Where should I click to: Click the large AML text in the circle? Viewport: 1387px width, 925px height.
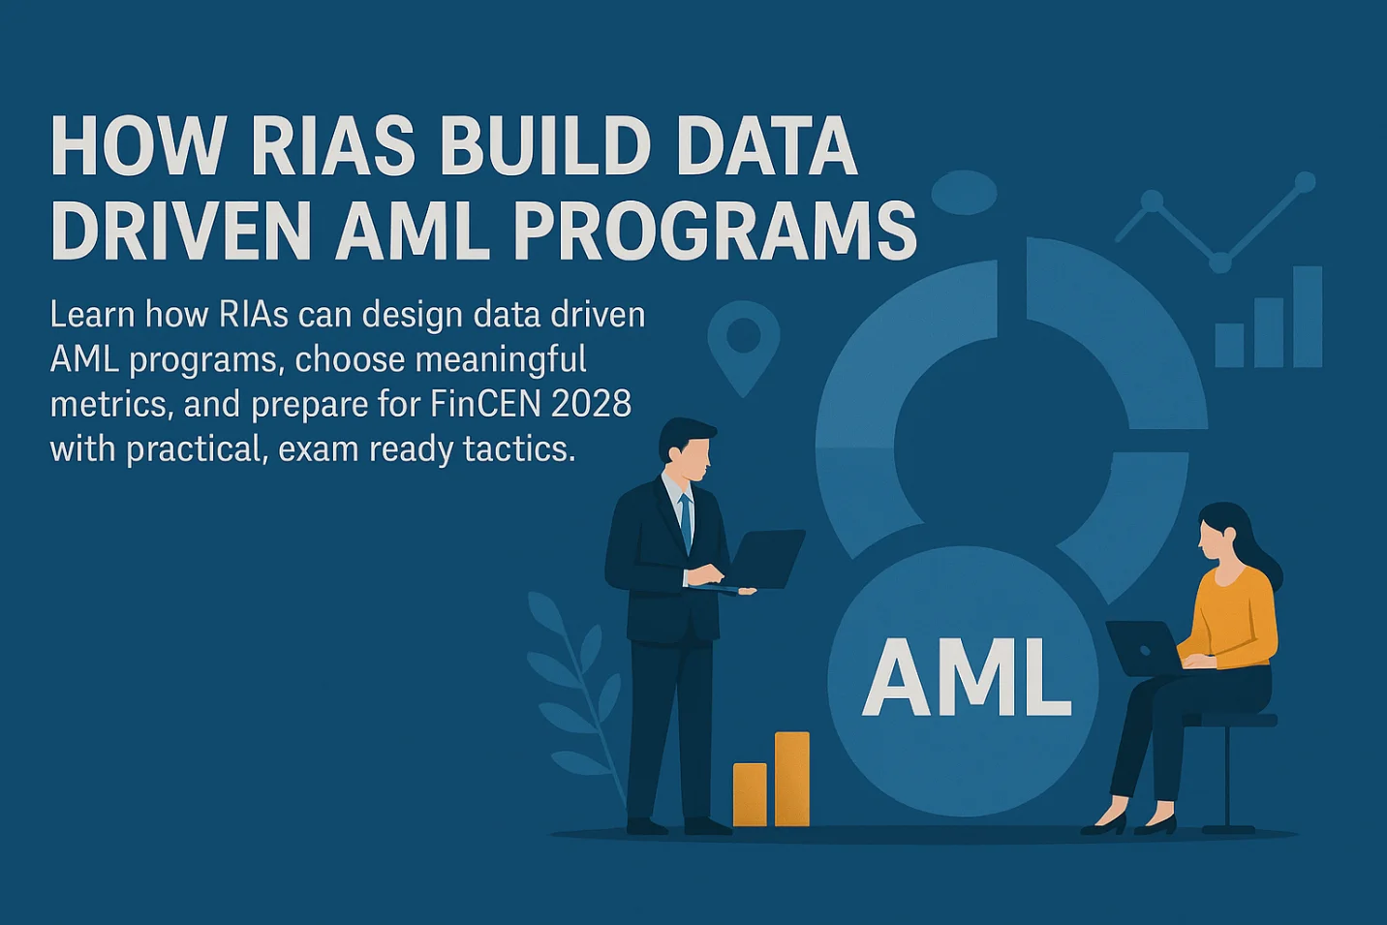(x=967, y=678)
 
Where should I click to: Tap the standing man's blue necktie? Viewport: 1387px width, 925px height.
(x=686, y=523)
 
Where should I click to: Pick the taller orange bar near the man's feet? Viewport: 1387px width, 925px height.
(x=791, y=779)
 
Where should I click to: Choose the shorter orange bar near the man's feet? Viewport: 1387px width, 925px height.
(x=749, y=794)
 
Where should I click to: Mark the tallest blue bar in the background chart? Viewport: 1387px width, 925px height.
(x=1307, y=317)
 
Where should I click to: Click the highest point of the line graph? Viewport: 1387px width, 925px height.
(x=1305, y=181)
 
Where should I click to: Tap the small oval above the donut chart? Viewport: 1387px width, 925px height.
(x=963, y=192)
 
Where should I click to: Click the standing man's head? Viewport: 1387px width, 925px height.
(x=687, y=450)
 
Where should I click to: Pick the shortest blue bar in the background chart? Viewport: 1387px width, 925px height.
(x=1229, y=345)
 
